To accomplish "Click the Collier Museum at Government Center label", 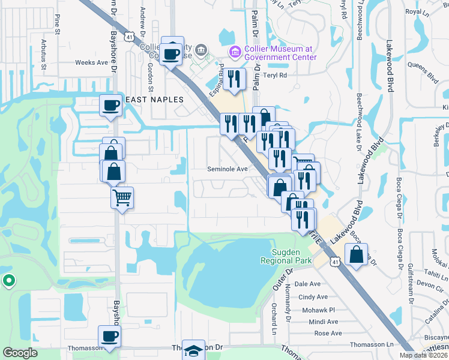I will [280, 53].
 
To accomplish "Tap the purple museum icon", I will [234, 53].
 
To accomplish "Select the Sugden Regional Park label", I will [286, 256].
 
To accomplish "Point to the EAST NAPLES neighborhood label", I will [148, 100].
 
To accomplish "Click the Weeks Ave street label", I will [91, 62].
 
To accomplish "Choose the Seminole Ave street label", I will [228, 169].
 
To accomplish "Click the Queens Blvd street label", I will [423, 73].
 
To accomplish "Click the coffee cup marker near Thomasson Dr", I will [110, 337].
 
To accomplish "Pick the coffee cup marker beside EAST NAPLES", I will [111, 106].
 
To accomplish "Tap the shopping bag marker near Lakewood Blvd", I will [356, 254].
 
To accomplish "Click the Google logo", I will [20, 353].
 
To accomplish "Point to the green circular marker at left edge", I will [8, 280].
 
